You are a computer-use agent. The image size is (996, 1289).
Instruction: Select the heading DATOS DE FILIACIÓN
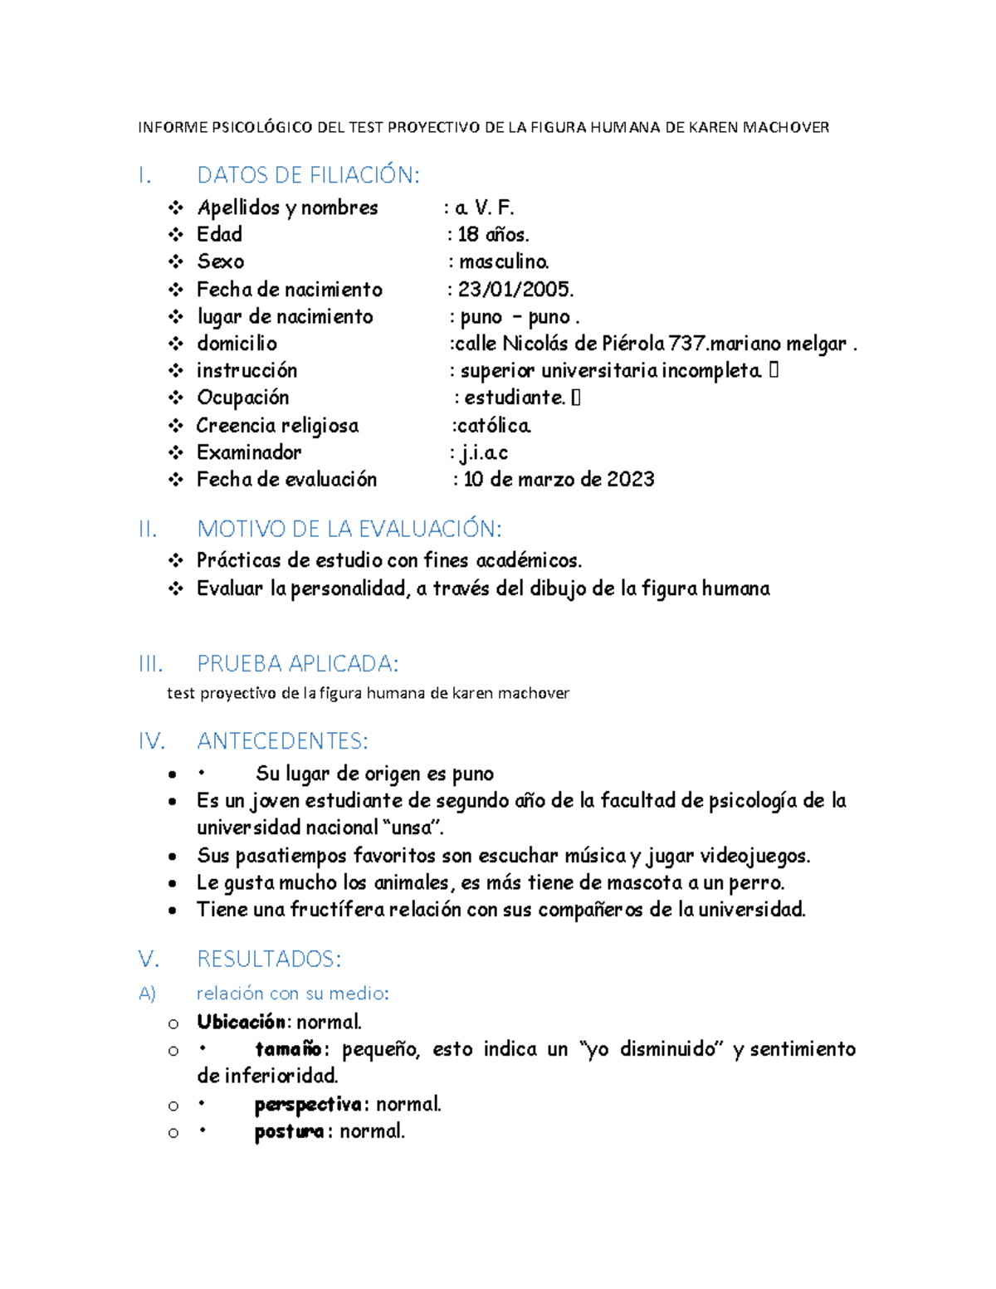(308, 175)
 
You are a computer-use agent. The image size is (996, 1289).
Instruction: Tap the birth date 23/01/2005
(515, 290)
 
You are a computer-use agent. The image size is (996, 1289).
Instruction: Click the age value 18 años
(493, 235)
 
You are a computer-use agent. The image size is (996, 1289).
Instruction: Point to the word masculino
(504, 262)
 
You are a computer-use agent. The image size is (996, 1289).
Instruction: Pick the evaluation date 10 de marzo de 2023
(559, 480)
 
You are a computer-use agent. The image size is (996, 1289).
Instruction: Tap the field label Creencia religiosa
(277, 426)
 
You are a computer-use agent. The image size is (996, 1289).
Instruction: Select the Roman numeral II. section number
(148, 529)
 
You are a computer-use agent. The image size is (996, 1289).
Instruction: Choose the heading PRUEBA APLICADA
(297, 664)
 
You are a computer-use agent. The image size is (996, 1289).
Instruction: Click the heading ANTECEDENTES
(282, 740)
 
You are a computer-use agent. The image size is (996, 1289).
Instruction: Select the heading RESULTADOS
(269, 959)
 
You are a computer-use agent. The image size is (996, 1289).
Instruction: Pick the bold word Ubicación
(241, 1022)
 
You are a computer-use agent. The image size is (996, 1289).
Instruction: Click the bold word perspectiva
(308, 1105)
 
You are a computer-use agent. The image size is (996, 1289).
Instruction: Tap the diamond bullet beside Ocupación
(175, 398)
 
